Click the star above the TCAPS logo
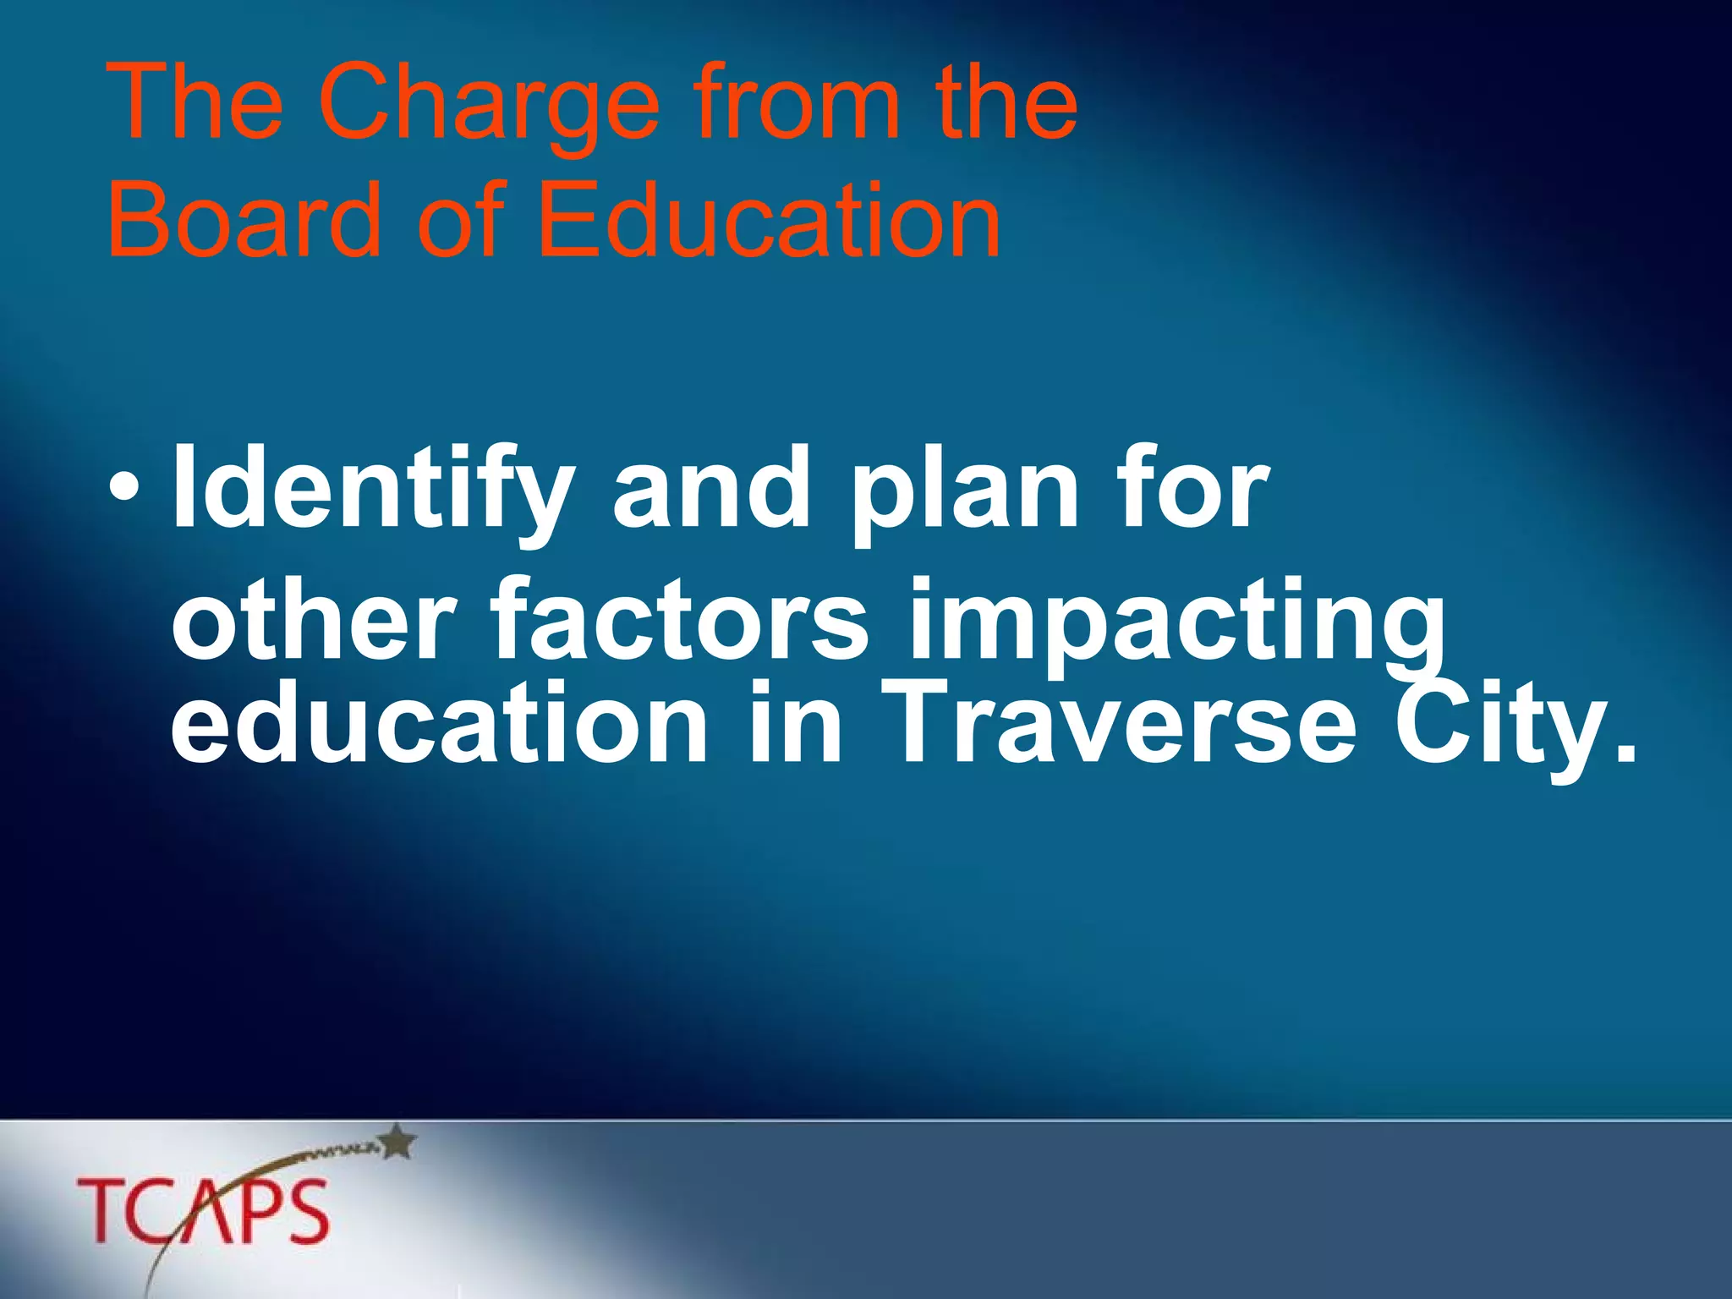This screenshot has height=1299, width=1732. click(x=398, y=1142)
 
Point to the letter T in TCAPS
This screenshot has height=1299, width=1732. click(x=102, y=1211)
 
